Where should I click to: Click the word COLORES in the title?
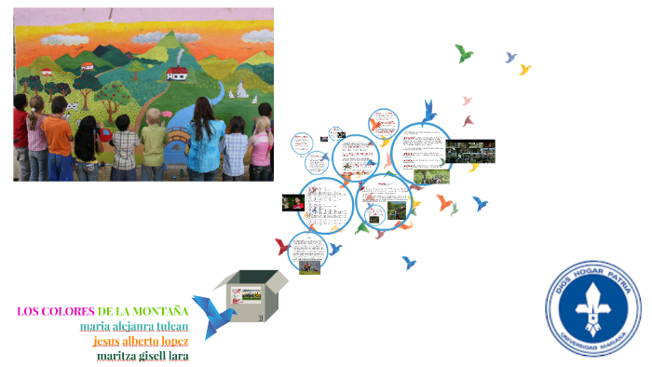point(67,310)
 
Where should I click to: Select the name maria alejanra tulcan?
point(134,326)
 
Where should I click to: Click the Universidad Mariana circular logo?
point(592,308)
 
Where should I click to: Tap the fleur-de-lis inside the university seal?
point(592,308)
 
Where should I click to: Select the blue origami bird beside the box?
point(212,314)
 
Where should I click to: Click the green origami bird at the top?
point(463,53)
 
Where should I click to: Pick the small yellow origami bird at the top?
point(524,69)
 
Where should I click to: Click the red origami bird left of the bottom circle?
point(282,247)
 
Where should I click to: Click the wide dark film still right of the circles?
point(469,150)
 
